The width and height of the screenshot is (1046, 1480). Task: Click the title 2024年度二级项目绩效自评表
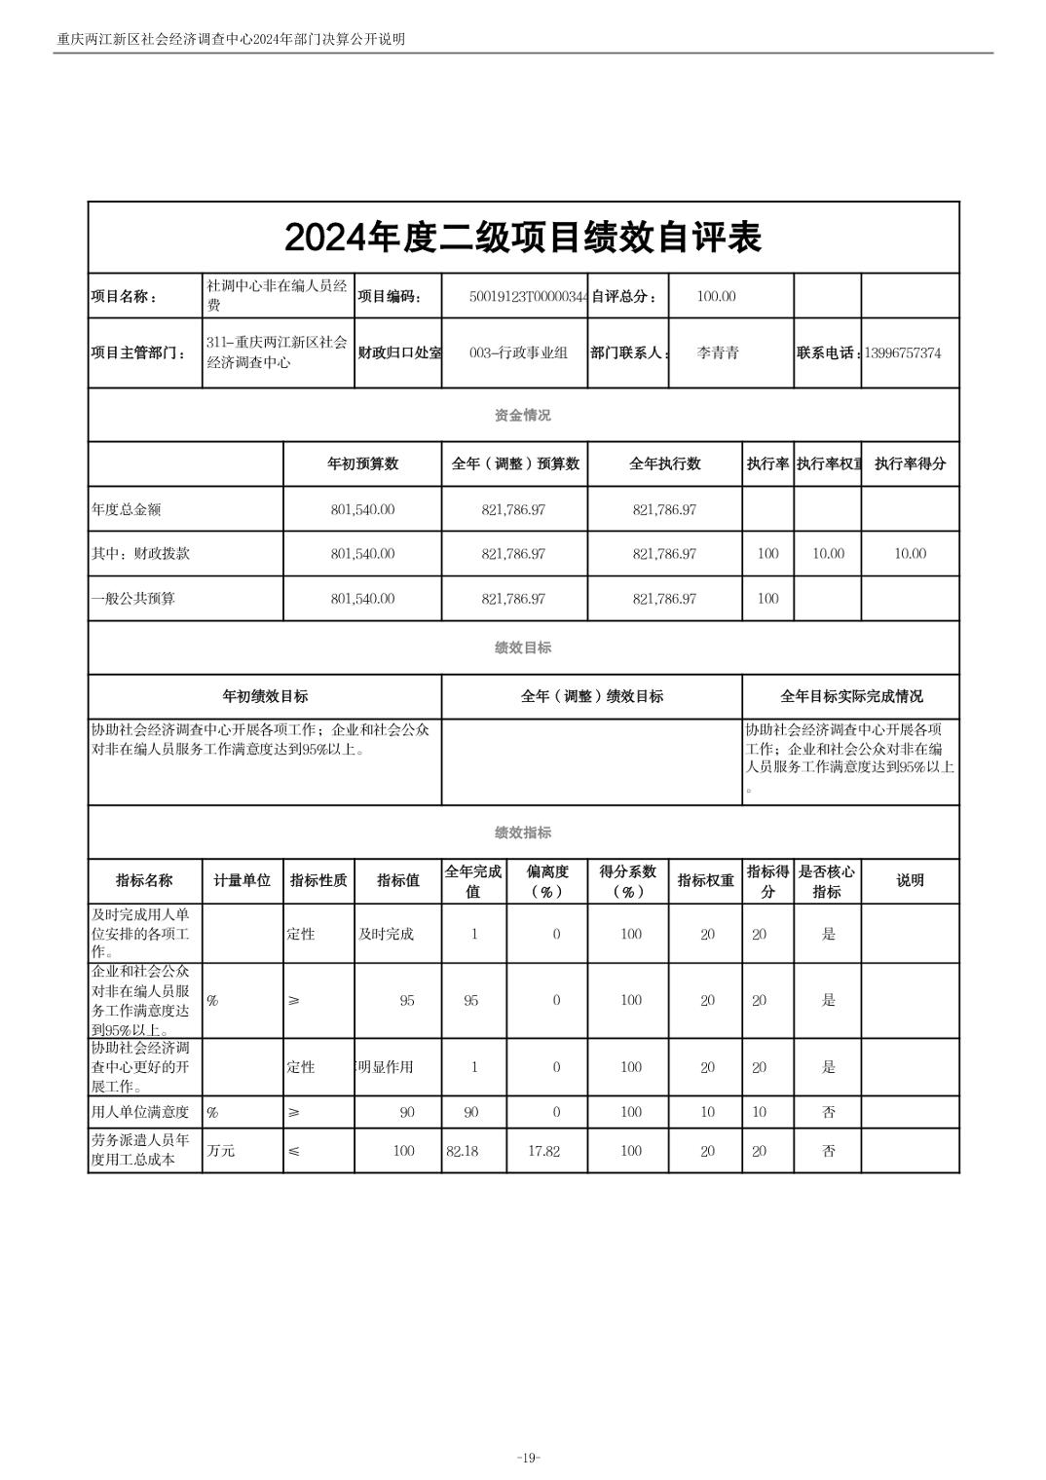click(x=523, y=238)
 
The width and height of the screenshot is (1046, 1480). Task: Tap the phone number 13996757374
click(x=902, y=353)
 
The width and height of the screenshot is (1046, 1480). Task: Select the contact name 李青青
click(x=718, y=353)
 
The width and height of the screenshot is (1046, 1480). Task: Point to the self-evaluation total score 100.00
click(x=716, y=297)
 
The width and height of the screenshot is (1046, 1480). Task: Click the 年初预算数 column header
click(x=362, y=464)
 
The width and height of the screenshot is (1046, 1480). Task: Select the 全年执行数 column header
click(x=664, y=464)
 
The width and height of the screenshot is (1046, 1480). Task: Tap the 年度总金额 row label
click(x=127, y=509)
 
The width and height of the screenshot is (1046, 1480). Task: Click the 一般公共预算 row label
click(x=133, y=599)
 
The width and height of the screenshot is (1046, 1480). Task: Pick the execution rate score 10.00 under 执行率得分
click(x=910, y=554)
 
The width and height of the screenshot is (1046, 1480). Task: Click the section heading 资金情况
click(x=523, y=416)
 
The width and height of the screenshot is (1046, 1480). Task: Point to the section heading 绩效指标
click(x=523, y=833)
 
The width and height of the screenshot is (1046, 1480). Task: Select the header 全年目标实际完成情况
click(x=851, y=697)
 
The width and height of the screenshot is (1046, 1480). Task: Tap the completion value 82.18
click(x=463, y=1152)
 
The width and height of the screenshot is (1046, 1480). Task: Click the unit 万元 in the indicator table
click(x=221, y=1151)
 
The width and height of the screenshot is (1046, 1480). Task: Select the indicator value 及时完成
click(x=386, y=935)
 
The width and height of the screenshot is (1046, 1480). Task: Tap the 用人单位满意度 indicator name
click(x=140, y=1112)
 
